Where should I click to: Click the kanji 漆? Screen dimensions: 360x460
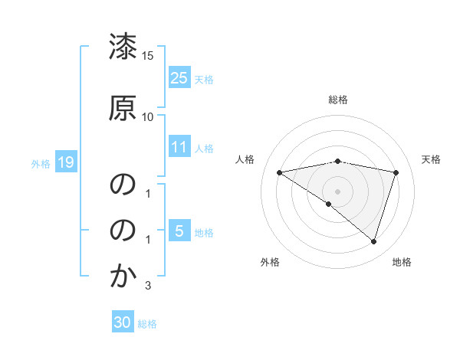coord(123,47)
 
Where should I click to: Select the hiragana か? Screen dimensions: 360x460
coord(123,277)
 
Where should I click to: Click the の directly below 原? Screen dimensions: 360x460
coord(123,185)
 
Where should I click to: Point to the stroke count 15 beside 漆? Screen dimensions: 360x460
coord(148,56)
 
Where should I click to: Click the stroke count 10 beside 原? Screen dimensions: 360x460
coord(148,116)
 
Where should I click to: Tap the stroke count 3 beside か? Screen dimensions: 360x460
coord(148,286)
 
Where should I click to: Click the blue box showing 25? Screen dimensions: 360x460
coord(179,78)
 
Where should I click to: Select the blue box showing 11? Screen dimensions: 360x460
coord(179,147)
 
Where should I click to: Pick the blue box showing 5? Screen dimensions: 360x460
coord(179,231)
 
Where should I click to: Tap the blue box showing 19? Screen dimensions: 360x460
coord(65,162)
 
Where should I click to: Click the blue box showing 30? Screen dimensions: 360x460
coord(123,322)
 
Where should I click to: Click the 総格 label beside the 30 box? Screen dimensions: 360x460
coord(148,324)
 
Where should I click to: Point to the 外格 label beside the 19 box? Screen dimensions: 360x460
coord(41,163)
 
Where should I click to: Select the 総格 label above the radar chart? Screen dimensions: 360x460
coord(338,100)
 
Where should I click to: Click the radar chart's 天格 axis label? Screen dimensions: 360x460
coord(431,159)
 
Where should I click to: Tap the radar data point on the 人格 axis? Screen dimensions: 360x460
coord(280,172)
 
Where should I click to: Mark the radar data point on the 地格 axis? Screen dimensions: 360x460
coord(373,241)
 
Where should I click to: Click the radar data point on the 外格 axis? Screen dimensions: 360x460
coord(329,204)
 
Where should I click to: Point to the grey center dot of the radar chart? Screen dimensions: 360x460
coord(337,190)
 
